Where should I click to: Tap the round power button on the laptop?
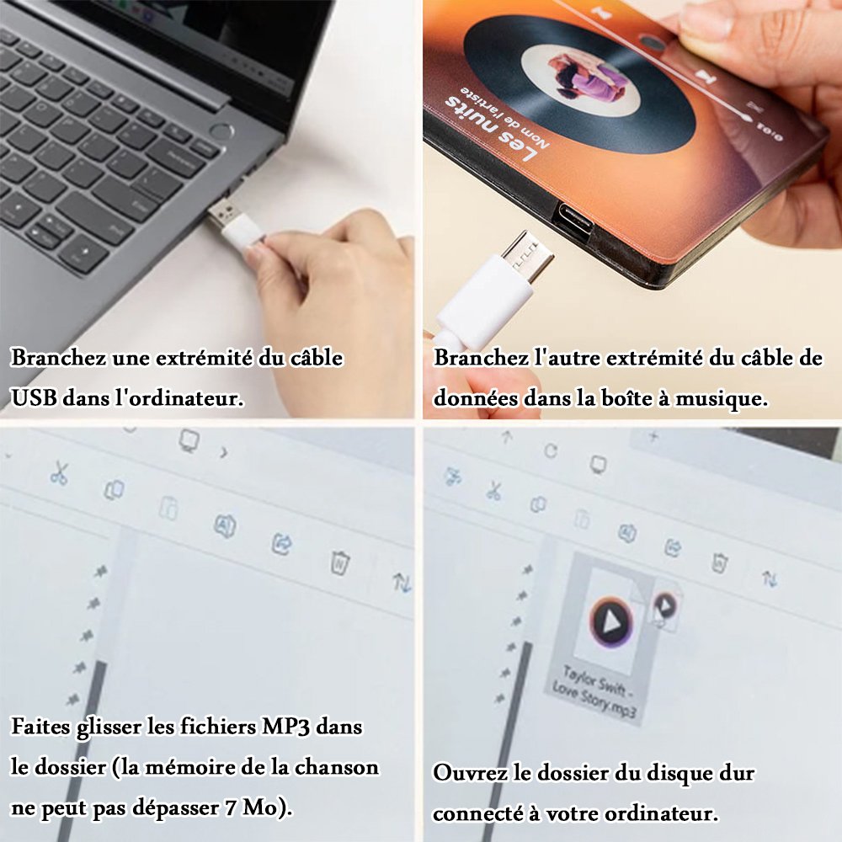pos(221,131)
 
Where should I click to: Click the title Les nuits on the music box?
pos(488,127)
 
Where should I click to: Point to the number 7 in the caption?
pos(232,807)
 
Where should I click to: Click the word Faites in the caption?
pos(40,727)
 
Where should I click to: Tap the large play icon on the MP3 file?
pos(611,622)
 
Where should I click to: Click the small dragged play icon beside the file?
pos(665,606)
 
